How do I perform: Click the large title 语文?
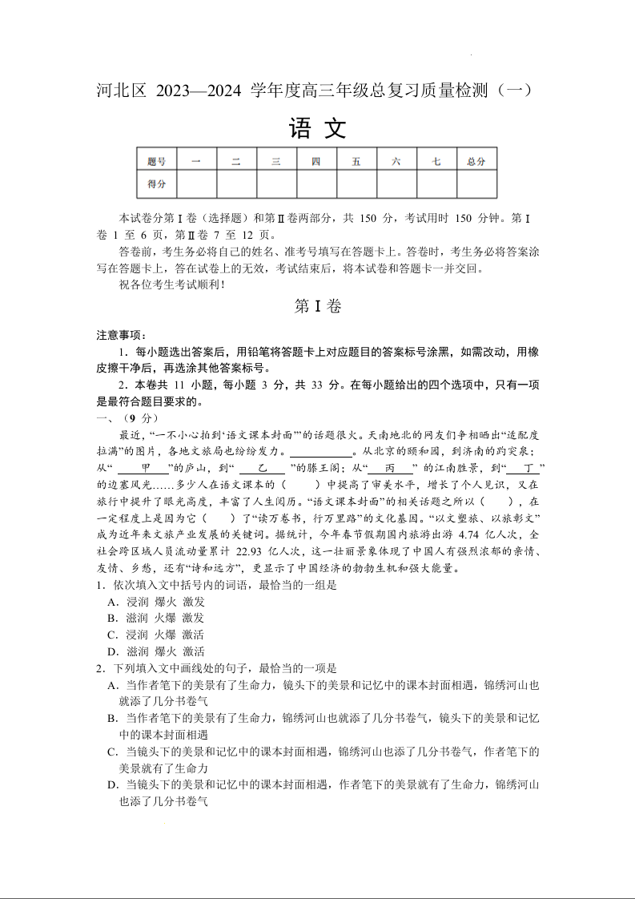[317, 128]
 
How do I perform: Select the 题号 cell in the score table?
[156, 161]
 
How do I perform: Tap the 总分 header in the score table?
[476, 161]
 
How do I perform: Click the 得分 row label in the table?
[156, 184]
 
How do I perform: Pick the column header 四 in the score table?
[316, 161]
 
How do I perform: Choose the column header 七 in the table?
[436, 161]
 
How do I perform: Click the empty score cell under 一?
[196, 184]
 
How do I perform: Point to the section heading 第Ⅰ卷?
[318, 306]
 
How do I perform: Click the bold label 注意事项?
[116, 335]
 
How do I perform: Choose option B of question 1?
[113, 618]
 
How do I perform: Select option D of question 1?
[113, 651]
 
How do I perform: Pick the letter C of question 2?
[113, 752]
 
